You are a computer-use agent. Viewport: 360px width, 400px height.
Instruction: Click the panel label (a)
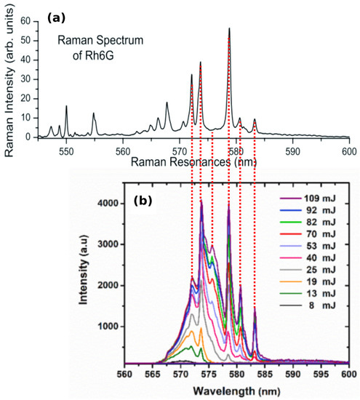pos(58,16)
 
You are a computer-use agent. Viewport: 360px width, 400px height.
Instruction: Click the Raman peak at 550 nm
pos(66,108)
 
